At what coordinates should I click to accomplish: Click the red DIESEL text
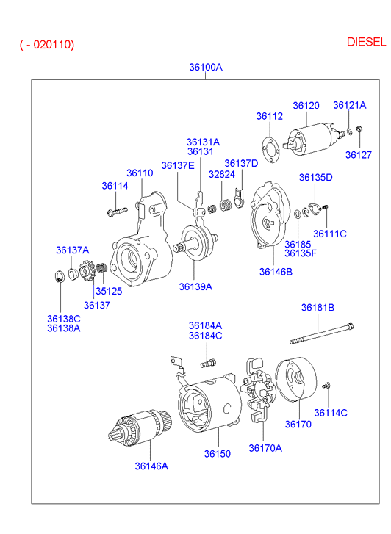[367, 42]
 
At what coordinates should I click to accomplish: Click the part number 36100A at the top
[206, 67]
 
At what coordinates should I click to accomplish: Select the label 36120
[306, 106]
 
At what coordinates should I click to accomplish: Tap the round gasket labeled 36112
[270, 150]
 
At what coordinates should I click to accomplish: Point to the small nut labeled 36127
[359, 129]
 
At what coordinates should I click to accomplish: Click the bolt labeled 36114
[117, 212]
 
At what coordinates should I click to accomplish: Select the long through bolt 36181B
[321, 333]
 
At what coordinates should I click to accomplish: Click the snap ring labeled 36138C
[59, 276]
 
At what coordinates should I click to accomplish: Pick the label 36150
[218, 454]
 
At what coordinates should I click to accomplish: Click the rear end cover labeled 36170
[296, 379]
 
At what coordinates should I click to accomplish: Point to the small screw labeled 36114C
[326, 386]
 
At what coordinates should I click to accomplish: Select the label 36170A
[265, 448]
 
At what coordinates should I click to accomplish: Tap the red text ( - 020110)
[47, 45]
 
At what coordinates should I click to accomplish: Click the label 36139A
[195, 286]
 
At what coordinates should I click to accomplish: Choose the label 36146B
[276, 272]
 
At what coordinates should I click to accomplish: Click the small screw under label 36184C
[208, 363]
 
